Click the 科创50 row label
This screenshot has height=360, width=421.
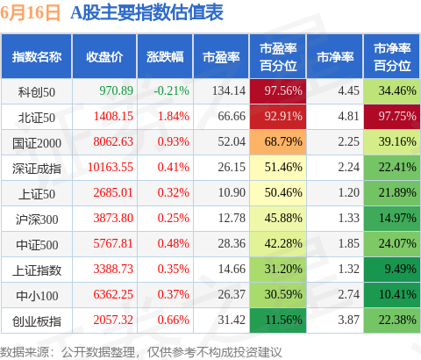[37, 92]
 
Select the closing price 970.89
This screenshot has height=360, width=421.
[116, 90]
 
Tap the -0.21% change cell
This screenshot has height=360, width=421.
[172, 90]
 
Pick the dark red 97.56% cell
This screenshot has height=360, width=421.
[278, 91]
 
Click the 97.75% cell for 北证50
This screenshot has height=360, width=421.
[392, 117]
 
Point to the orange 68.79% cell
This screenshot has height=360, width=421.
[278, 142]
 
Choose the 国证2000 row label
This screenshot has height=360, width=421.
[37, 143]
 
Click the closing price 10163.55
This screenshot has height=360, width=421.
[111, 167]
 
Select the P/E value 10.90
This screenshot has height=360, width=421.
[232, 192]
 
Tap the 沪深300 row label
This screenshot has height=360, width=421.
[37, 220]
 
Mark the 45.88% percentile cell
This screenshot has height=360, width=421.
[278, 219]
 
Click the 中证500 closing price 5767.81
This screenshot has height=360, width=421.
[113, 243]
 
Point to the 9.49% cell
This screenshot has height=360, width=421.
[392, 270]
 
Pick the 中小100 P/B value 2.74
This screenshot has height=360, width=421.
[349, 294]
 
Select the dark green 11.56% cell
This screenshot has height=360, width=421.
[278, 320]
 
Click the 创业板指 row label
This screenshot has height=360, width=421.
[37, 321]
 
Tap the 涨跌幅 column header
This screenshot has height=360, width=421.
[165, 57]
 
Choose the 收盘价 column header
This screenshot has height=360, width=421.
[104, 57]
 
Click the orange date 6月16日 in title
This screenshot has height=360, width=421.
[30, 13]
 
